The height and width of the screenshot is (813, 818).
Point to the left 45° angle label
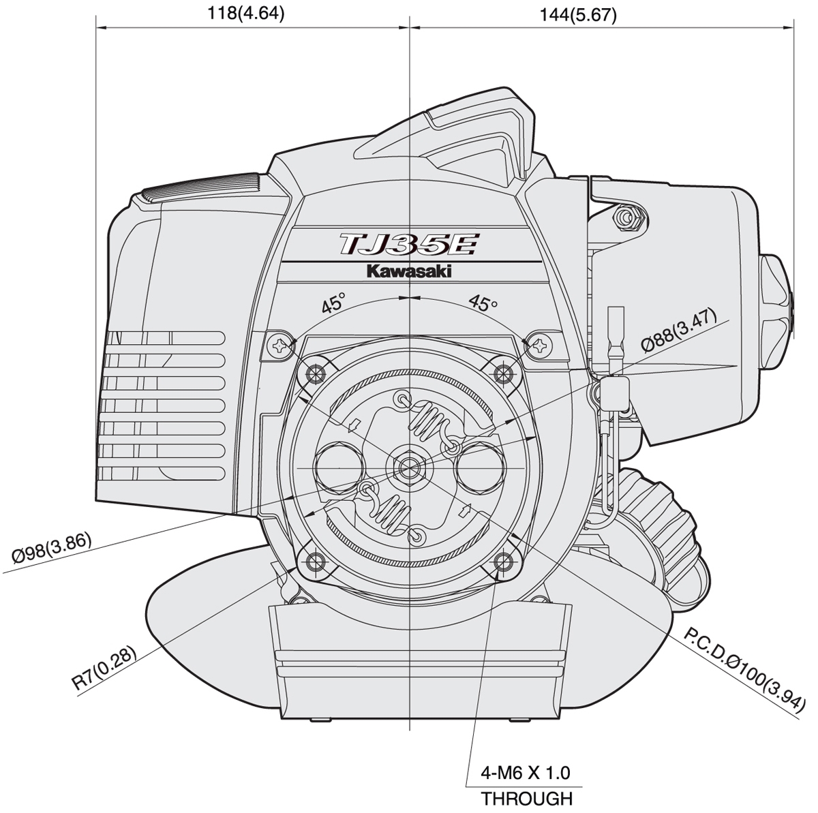click(x=333, y=304)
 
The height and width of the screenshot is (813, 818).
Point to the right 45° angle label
click(x=483, y=304)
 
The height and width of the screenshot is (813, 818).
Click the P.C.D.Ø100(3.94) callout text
click(x=744, y=672)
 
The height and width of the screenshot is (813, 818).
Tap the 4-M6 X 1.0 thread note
click(x=526, y=773)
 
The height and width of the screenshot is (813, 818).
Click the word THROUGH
click(x=526, y=799)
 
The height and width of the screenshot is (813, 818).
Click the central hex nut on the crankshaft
click(x=409, y=467)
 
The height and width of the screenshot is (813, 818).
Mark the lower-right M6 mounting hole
click(x=504, y=562)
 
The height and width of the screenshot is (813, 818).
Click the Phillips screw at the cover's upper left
click(x=280, y=346)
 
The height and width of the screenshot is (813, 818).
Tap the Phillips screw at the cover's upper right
click(x=539, y=346)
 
